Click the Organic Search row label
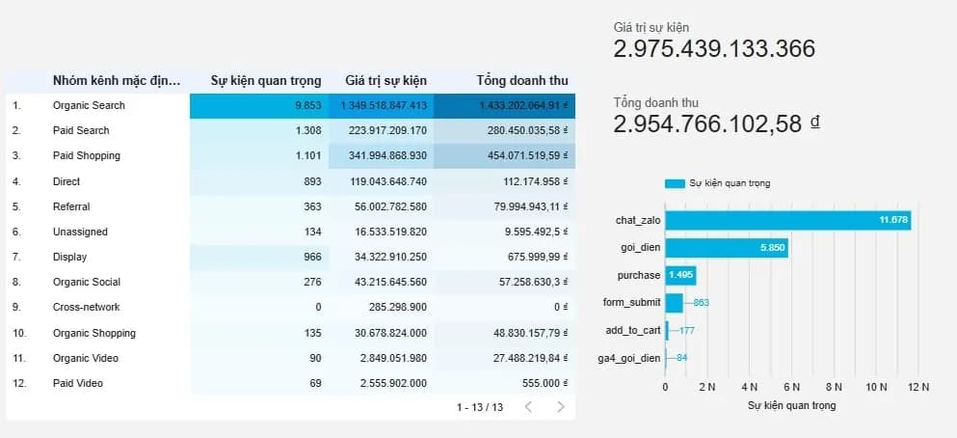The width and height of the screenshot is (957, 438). click(89, 105)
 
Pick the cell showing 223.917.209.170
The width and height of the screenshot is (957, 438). click(384, 130)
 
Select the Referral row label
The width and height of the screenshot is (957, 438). click(71, 206)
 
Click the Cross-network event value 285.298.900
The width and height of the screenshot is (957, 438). click(391, 307)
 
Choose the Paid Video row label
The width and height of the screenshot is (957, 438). click(78, 383)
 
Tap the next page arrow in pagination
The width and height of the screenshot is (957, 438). click(560, 407)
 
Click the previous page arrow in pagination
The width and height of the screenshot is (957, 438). click(527, 407)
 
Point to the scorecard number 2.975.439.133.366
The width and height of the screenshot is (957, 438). click(714, 49)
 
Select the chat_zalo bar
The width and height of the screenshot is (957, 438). click(787, 221)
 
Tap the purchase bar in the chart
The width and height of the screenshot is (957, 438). click(680, 276)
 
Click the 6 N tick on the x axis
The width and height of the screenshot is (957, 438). click(792, 387)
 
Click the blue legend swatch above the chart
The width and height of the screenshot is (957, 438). click(674, 183)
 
